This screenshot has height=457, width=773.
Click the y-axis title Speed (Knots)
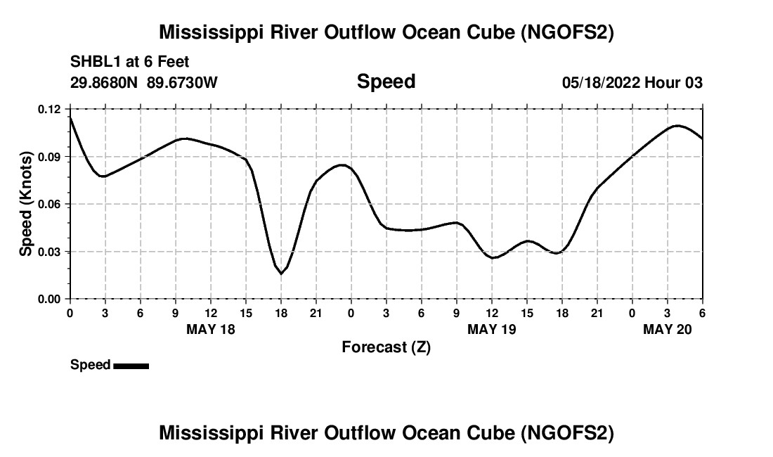26,204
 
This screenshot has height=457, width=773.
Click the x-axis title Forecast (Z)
386,347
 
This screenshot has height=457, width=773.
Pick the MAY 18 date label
211,329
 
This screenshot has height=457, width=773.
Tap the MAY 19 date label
492,329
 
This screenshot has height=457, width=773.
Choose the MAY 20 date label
668,329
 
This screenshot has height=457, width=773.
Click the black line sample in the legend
131,366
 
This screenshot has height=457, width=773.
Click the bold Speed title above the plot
386,82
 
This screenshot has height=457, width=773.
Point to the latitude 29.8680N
105,83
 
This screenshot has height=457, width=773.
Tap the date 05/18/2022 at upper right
600,83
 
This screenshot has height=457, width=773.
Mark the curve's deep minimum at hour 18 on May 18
281,273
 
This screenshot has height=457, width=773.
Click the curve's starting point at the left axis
70,117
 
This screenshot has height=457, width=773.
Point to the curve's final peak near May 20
677,126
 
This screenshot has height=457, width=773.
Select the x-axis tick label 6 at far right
702,312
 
